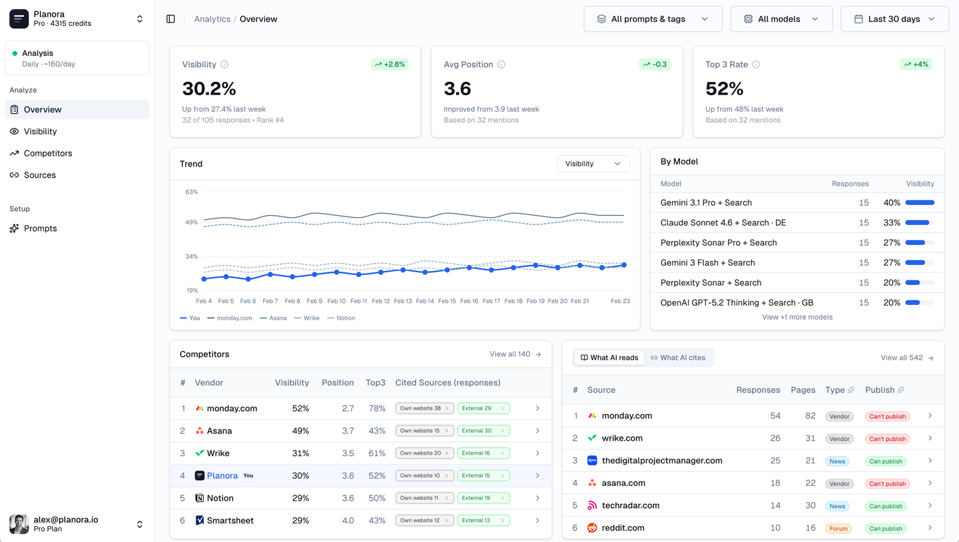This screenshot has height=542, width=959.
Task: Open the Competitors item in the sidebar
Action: click(47, 153)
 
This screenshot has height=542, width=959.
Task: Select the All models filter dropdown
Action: click(781, 19)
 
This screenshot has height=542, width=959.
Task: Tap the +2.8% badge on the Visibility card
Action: click(390, 65)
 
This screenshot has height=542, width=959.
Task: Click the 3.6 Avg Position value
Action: click(458, 89)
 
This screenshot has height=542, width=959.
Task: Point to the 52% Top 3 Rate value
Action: click(725, 89)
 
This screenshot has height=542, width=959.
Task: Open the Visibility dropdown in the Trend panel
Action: click(593, 164)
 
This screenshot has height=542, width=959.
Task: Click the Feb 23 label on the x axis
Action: click(620, 301)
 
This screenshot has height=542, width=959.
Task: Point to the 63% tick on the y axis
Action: click(191, 192)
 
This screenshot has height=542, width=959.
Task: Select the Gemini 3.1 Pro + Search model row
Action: click(706, 202)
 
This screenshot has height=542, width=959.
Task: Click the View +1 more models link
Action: click(797, 317)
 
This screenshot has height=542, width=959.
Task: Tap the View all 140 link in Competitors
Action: click(515, 354)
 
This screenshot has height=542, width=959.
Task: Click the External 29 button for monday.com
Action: click(483, 408)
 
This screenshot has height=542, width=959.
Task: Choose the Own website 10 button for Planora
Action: click(424, 475)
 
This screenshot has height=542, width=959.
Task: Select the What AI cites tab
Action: click(678, 358)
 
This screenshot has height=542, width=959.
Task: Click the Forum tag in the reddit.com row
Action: click(838, 529)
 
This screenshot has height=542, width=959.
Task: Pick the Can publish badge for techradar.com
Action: click(886, 506)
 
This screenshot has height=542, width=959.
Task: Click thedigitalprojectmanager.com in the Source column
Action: click(661, 461)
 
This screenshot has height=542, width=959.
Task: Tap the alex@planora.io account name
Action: click(66, 519)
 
